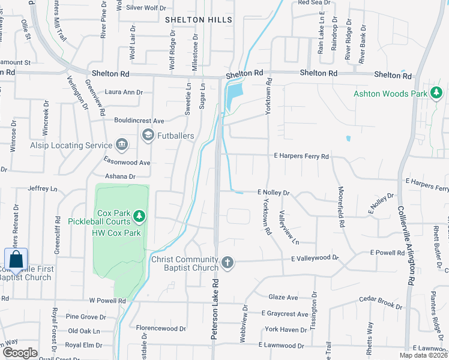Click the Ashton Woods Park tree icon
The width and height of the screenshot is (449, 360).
click(x=436, y=93)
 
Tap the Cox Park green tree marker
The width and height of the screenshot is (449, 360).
click(x=139, y=214)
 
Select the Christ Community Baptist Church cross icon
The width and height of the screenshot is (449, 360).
click(x=227, y=262)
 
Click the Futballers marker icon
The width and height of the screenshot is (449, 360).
click(x=148, y=136)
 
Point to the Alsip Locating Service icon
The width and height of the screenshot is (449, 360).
click(x=122, y=145)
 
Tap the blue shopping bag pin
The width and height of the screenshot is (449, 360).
click(x=16, y=260)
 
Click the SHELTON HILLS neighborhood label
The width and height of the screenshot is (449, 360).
click(x=198, y=20)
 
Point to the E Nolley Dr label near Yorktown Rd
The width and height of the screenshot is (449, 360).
click(x=274, y=193)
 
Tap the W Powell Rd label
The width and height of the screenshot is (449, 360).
click(x=107, y=301)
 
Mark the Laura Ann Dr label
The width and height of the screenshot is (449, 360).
click(x=124, y=92)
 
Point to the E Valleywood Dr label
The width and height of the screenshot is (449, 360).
click(x=315, y=259)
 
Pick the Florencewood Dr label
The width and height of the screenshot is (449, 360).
click(x=161, y=329)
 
